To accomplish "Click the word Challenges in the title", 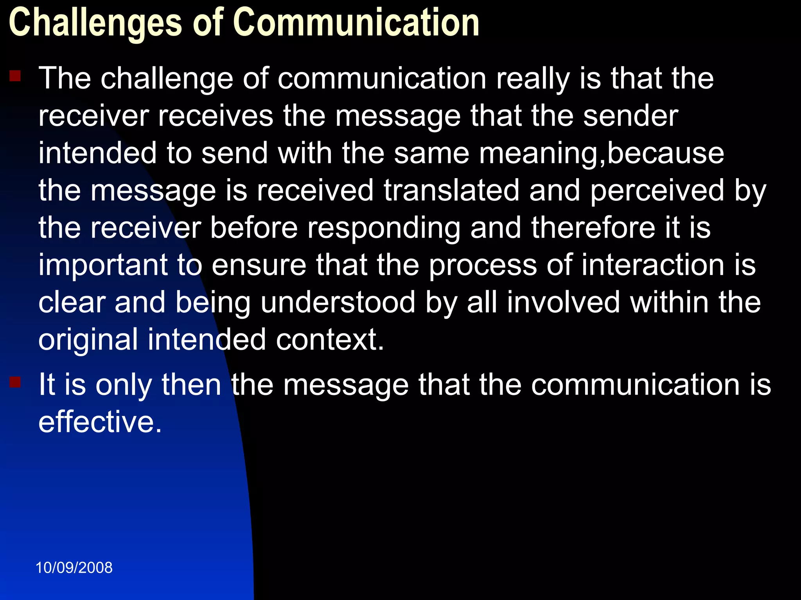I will [x=95, y=23].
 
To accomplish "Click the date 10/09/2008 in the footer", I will [x=74, y=568].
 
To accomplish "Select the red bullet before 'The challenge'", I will [x=15, y=75].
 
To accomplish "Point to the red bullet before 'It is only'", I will [x=15, y=382].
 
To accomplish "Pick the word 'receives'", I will [x=216, y=116].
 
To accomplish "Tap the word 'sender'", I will [x=630, y=116].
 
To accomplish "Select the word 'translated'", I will [x=451, y=191].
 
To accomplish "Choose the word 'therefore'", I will [x=593, y=228].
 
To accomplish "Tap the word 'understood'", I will [x=338, y=302].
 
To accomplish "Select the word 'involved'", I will [x=564, y=302].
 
